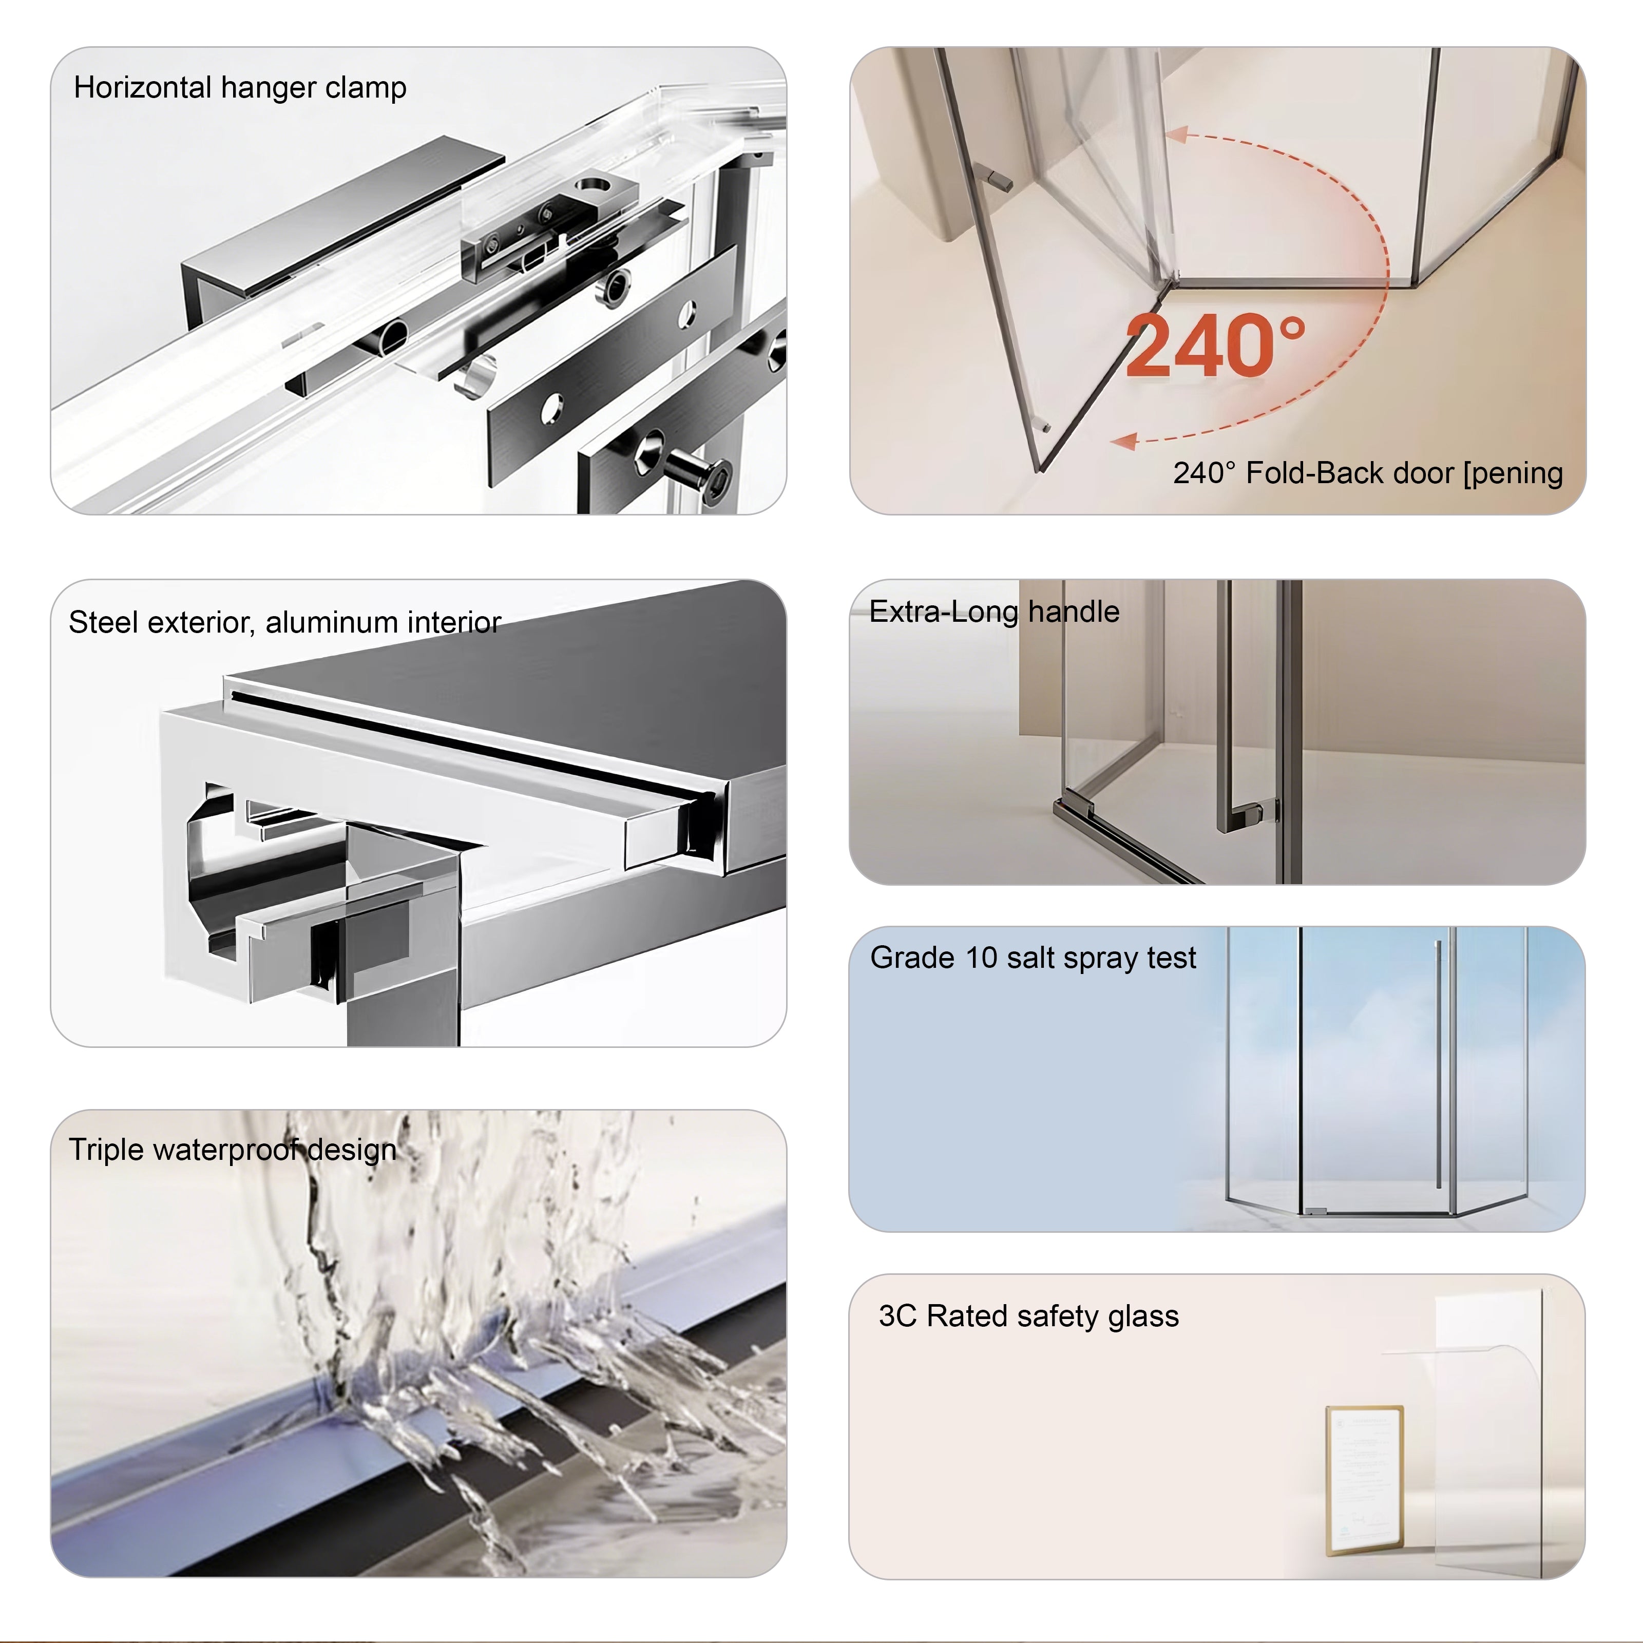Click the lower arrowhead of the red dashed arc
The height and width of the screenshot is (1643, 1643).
(x=1124, y=441)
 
